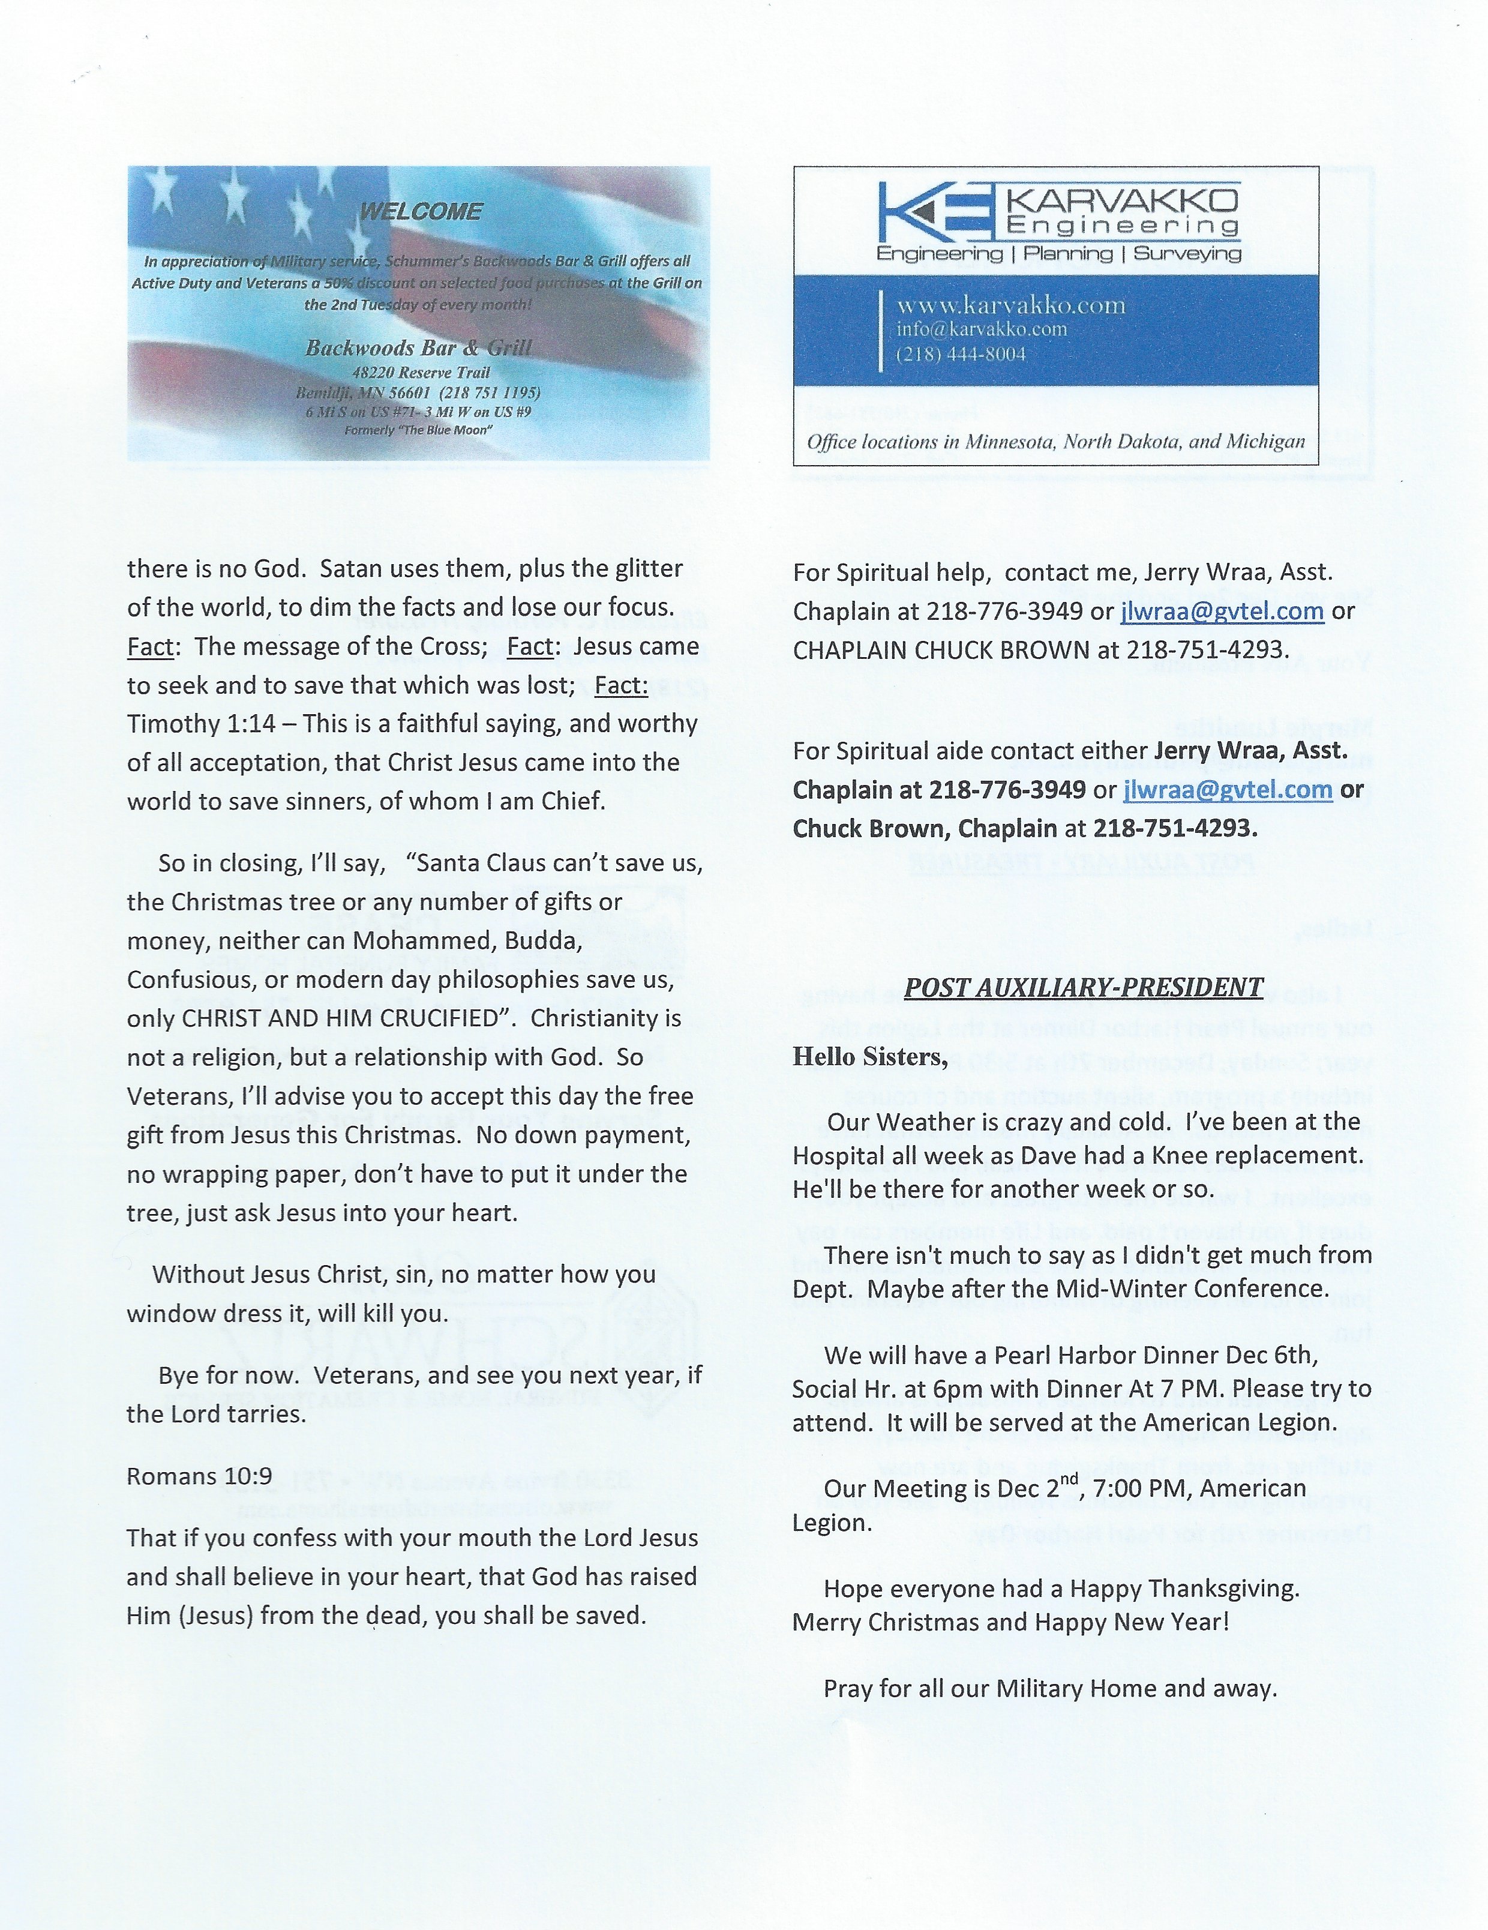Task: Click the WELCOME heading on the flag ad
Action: pyautogui.click(x=421, y=212)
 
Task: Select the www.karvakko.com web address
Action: pyautogui.click(x=1011, y=305)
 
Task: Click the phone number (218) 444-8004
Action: pyautogui.click(x=961, y=354)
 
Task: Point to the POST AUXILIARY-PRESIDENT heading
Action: pyautogui.click(x=1084, y=988)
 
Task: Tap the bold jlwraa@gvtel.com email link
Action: pyautogui.click(x=1228, y=789)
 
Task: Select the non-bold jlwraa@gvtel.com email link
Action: pyautogui.click(x=1223, y=611)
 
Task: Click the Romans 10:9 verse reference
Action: pyautogui.click(x=199, y=1477)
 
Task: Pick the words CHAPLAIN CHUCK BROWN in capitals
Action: pyautogui.click(x=941, y=651)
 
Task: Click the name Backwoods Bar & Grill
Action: pyautogui.click(x=418, y=347)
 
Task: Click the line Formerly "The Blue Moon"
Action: pyautogui.click(x=418, y=430)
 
